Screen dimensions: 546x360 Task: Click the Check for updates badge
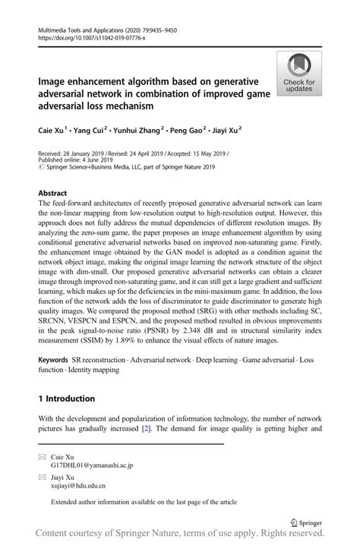(298, 74)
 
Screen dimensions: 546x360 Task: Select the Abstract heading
(52, 194)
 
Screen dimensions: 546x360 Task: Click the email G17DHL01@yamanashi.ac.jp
(92, 464)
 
